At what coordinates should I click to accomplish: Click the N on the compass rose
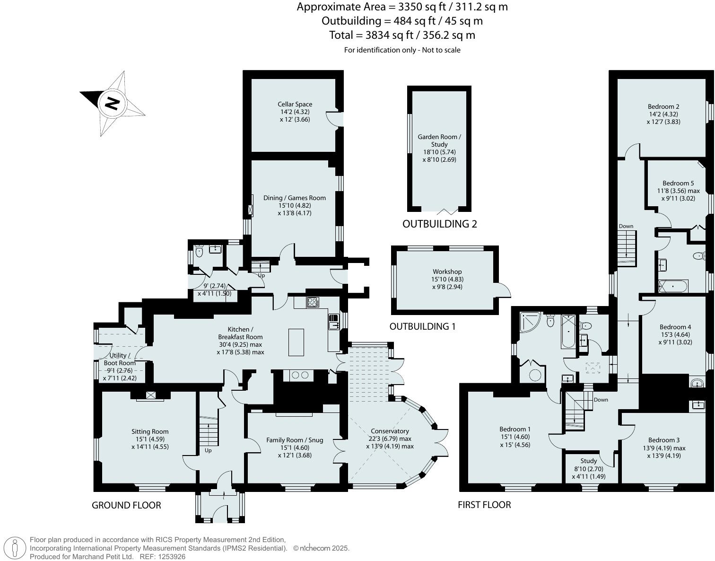(112, 104)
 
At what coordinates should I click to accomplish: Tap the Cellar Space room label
(295, 105)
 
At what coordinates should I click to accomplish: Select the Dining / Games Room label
(295, 198)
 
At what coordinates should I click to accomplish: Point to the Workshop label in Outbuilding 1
(447, 272)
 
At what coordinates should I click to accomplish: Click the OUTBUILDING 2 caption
(440, 224)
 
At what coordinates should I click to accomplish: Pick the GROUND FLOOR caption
(126, 505)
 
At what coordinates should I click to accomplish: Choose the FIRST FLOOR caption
(484, 505)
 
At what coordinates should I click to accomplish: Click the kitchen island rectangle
(296, 342)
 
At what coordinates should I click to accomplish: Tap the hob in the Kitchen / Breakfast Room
(313, 302)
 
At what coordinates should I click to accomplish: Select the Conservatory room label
(390, 431)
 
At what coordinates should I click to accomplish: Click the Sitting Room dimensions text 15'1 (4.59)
(150, 439)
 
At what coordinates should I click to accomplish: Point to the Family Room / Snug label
(295, 440)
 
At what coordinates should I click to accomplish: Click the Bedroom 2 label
(663, 106)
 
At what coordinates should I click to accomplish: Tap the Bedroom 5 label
(678, 183)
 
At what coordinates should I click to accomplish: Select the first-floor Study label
(588, 461)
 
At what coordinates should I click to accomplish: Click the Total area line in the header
(402, 35)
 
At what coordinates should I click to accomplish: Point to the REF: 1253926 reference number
(163, 557)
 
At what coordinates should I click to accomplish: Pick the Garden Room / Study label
(439, 140)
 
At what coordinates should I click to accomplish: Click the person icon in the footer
(14, 548)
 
